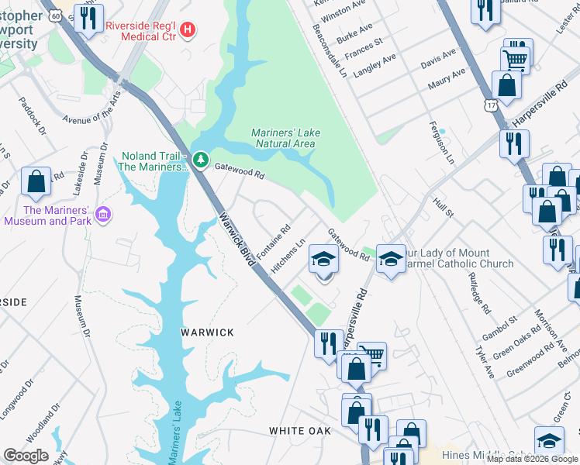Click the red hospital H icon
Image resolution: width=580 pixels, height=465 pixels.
[186, 30]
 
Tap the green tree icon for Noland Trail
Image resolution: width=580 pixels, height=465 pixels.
[201, 160]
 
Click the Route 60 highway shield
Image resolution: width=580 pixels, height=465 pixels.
[54, 14]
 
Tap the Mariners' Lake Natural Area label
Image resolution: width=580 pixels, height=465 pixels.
[285, 138]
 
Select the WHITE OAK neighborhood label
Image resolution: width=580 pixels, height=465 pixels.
[299, 430]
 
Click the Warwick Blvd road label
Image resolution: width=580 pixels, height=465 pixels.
[236, 240]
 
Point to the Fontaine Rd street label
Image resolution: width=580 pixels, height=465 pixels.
[273, 242]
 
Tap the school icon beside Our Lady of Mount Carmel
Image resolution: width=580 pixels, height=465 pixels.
[392, 259]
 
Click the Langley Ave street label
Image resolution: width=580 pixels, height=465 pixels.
[375, 66]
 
